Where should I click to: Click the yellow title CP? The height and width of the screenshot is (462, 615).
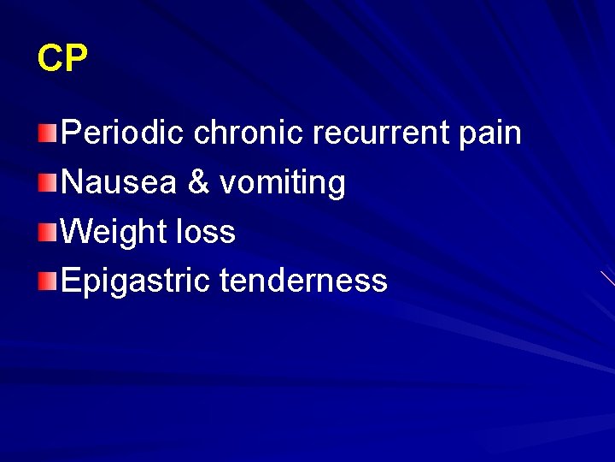[62, 58]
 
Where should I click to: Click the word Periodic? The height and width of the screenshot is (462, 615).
[124, 133]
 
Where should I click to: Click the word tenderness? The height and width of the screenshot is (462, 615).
[303, 281]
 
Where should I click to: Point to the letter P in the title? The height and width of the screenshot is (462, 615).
[75, 58]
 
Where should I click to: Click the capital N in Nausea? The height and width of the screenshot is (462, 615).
[73, 182]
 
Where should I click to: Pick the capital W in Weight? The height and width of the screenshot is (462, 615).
[79, 232]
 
